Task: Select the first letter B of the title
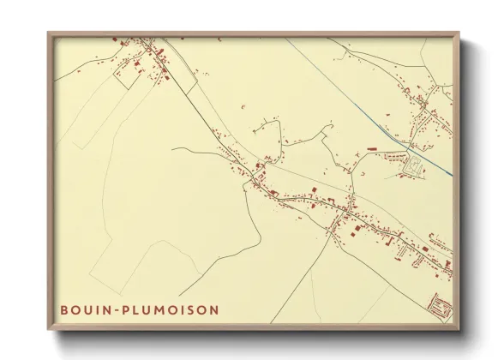[x=64, y=309]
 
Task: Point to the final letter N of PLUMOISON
[x=213, y=309]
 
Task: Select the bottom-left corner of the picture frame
[x=50, y=328]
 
